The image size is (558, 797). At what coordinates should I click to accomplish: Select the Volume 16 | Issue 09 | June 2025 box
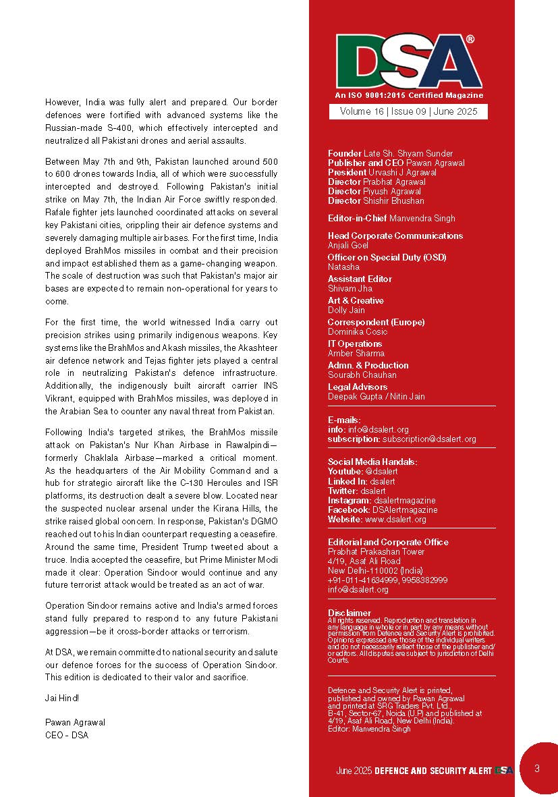coord(408,111)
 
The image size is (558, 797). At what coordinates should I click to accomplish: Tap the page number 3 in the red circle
coord(536,768)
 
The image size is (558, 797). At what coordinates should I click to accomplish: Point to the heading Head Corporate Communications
coord(395,236)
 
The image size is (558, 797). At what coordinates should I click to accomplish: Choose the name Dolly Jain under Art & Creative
coord(346,310)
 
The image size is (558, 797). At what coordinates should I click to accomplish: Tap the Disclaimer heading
coord(350,613)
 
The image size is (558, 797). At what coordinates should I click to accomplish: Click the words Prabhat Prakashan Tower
coord(376,551)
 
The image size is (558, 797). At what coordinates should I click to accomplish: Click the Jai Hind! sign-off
coord(62,697)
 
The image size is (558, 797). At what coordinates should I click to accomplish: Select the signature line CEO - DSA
coord(66,735)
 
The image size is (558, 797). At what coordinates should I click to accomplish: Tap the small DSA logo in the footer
coord(503,770)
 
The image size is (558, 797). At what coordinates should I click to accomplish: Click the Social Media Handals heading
coord(372,462)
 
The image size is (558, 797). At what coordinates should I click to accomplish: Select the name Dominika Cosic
coord(357,331)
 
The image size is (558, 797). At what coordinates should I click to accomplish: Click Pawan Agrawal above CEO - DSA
coord(75,721)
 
